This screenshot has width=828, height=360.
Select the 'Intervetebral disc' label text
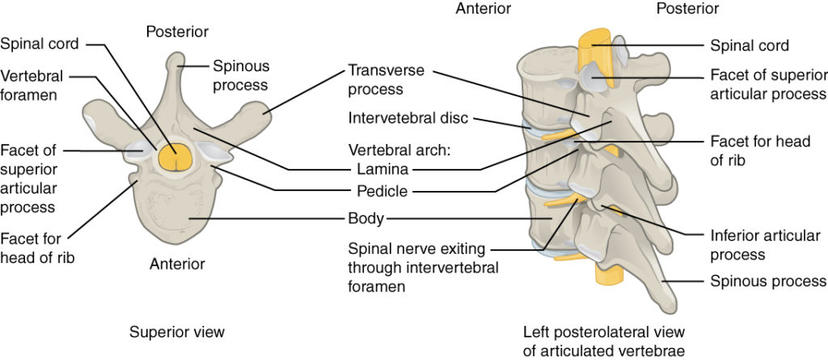point(408,119)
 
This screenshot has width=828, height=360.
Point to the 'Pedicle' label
point(382,192)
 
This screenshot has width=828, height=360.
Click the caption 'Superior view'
point(176,332)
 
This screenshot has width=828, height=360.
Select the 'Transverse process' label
point(386,78)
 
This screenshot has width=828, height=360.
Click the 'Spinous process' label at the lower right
point(767,282)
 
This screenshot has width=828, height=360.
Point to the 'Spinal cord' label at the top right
point(749,46)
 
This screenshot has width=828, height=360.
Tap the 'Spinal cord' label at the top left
point(38,43)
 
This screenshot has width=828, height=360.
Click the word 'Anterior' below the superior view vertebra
point(177,264)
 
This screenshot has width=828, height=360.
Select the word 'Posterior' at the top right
point(687,9)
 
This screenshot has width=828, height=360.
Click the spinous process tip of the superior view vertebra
point(177,61)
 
